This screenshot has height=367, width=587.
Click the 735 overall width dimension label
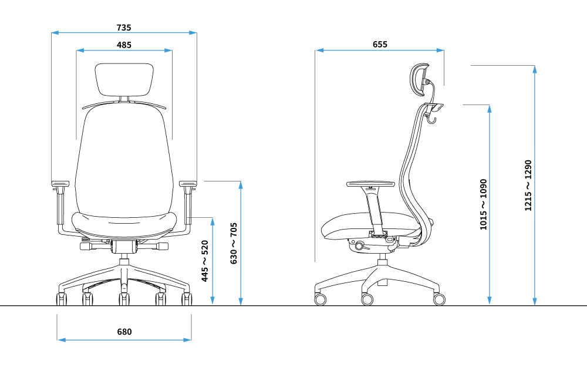(x=124, y=28)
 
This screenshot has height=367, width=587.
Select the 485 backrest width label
(x=124, y=45)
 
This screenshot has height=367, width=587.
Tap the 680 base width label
(x=124, y=332)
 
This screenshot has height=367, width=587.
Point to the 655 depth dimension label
(x=380, y=45)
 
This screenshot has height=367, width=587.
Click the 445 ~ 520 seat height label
(x=205, y=261)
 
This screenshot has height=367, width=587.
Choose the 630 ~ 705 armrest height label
(x=234, y=244)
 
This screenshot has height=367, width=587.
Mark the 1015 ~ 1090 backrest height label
(x=483, y=204)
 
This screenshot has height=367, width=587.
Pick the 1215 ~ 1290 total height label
(x=528, y=186)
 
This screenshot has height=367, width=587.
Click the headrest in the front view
(x=124, y=79)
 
